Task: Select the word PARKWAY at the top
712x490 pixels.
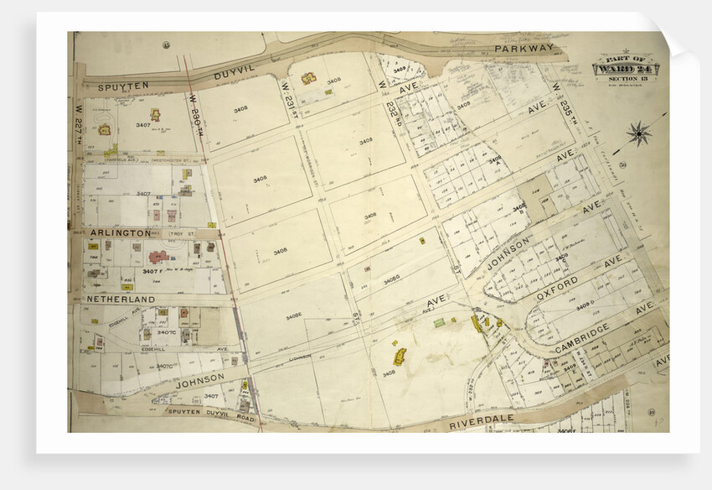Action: click(524, 50)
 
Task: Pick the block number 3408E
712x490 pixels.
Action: click(292, 316)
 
